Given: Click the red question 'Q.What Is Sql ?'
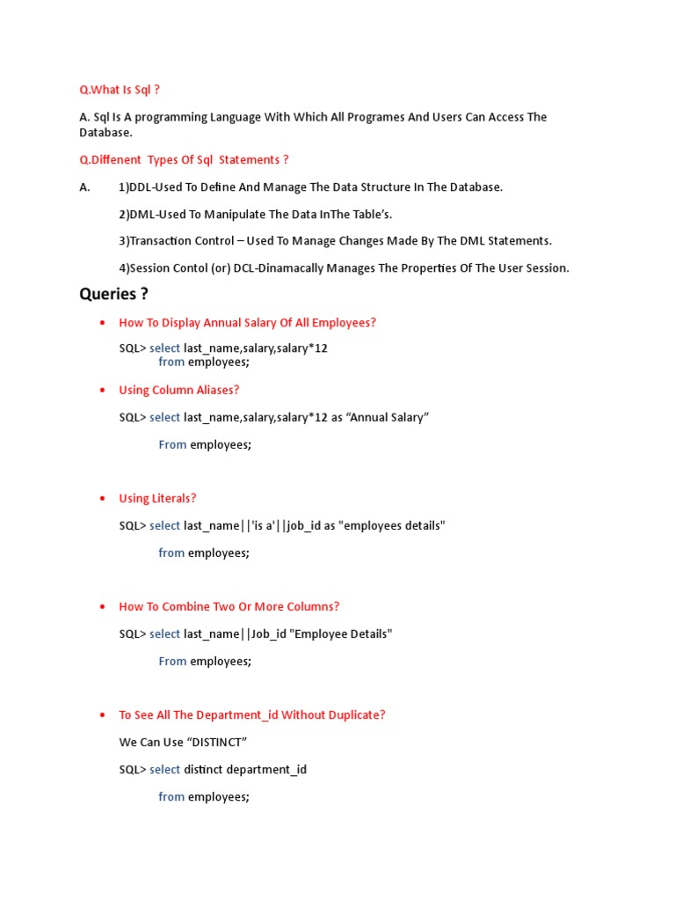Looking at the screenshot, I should point(120,90).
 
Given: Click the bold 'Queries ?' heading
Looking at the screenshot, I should point(113,294).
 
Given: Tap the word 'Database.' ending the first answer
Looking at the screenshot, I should point(105,132).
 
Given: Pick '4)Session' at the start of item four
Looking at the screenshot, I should point(142,268).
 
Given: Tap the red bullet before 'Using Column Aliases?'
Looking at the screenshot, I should point(104,391).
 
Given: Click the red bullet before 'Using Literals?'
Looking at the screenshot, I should point(104,499).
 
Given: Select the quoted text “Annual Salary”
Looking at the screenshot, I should point(388,417).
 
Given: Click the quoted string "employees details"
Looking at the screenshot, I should point(393,525).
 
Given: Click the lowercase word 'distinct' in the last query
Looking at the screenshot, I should point(203,769).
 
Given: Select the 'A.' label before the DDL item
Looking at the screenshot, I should point(85,187).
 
